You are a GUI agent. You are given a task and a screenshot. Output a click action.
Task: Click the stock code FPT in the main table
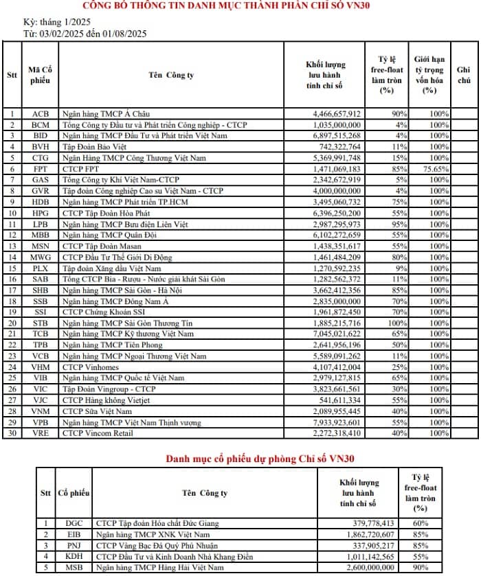click(41, 168)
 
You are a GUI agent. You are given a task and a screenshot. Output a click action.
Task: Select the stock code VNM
click(41, 411)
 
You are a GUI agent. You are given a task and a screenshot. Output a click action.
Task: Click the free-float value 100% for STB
click(398, 323)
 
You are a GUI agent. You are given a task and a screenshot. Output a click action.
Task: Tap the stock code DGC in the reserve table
click(74, 523)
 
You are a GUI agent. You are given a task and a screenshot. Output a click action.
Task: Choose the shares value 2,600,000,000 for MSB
click(368, 567)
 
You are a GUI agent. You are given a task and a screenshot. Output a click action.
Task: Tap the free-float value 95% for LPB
click(398, 224)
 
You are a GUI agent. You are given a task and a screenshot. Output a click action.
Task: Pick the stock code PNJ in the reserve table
click(74, 545)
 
